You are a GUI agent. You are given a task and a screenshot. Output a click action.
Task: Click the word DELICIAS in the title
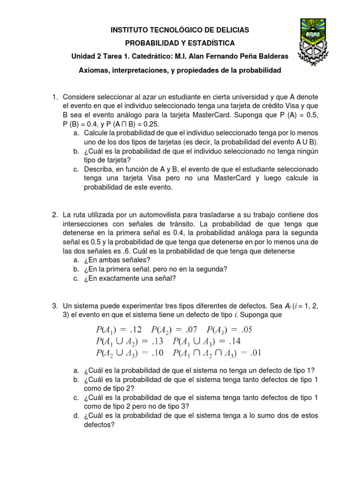click(229, 30)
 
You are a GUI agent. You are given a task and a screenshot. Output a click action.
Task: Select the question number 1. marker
click(55, 97)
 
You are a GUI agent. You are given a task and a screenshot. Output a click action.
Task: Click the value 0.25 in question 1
click(150, 124)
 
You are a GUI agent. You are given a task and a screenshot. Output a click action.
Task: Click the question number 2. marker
click(55, 214)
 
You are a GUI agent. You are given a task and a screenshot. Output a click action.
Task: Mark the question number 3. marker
click(55, 305)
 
